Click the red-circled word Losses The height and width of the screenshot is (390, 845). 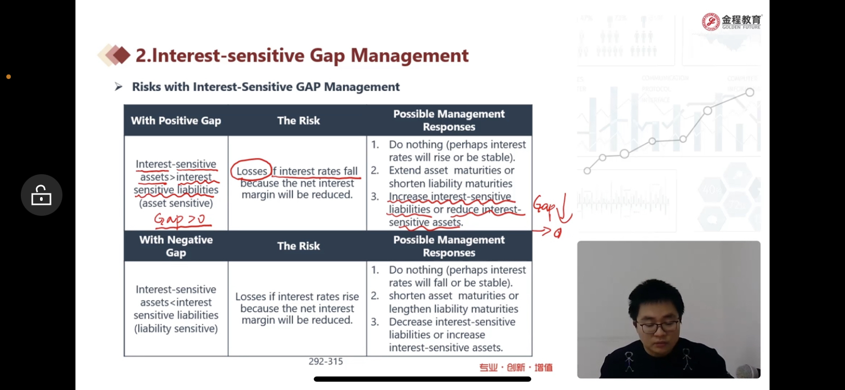click(x=252, y=171)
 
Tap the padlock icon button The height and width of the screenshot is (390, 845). click(x=42, y=195)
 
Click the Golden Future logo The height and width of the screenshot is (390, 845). click(x=732, y=21)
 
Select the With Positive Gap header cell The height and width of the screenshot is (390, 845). click(x=176, y=120)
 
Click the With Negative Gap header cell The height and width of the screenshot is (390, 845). click(x=176, y=246)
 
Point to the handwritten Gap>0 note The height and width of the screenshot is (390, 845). click(x=182, y=220)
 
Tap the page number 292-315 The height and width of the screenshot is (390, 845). click(x=326, y=361)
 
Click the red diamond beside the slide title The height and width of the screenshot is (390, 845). click(x=121, y=55)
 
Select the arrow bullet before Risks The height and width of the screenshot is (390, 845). click(x=119, y=87)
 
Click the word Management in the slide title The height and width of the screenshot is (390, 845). click(x=409, y=56)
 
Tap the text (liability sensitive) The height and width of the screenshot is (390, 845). click(x=176, y=329)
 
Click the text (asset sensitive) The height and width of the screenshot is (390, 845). click(x=176, y=203)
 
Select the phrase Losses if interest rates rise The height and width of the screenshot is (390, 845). click(x=297, y=296)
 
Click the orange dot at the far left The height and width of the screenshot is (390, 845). click(x=8, y=77)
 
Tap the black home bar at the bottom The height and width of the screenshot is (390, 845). click(x=422, y=379)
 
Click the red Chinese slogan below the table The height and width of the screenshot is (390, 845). click(x=516, y=367)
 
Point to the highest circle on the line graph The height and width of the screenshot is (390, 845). click(x=750, y=93)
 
